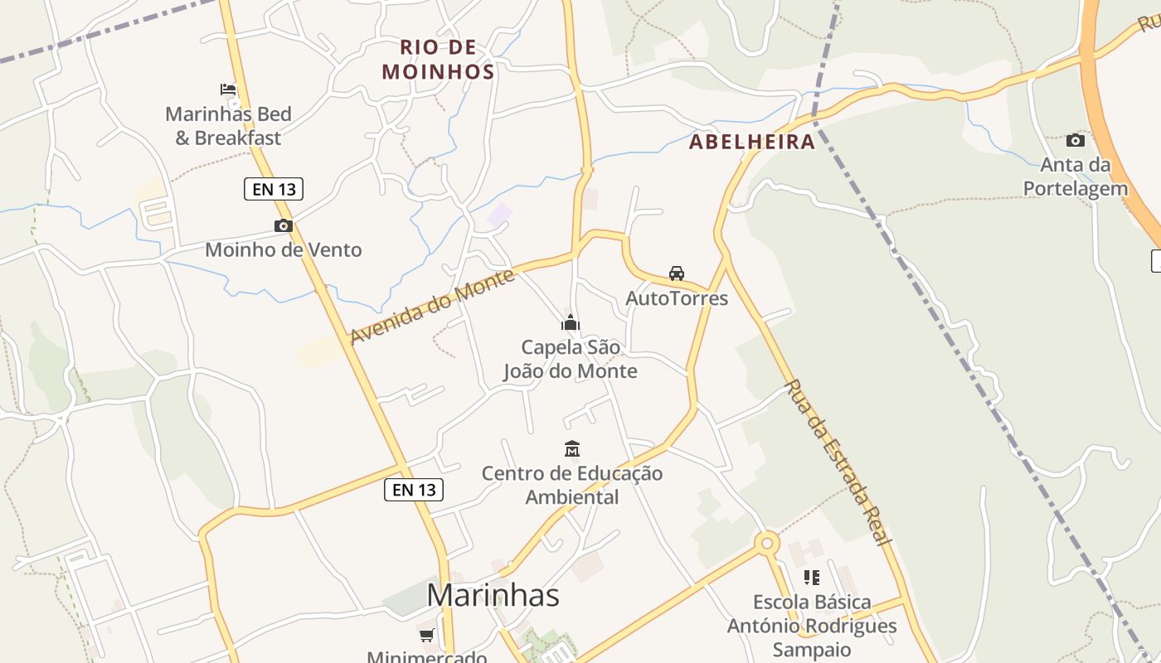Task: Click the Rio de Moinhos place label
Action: (x=438, y=60)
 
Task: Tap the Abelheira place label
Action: (x=752, y=142)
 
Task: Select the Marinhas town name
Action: (x=493, y=595)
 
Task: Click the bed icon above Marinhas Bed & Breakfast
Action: (x=228, y=90)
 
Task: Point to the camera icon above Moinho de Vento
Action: (x=284, y=225)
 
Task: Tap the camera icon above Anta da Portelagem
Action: (x=1075, y=140)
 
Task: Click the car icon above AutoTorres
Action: (x=677, y=273)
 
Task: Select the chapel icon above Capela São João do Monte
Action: (x=571, y=322)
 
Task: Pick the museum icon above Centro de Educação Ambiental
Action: (x=572, y=449)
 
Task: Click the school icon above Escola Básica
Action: (x=812, y=578)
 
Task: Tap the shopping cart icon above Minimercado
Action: (x=426, y=636)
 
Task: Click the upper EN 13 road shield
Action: (x=274, y=189)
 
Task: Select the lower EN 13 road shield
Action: (x=414, y=490)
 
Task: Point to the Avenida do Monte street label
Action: (x=432, y=307)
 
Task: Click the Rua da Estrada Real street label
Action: (x=838, y=462)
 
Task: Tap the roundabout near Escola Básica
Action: (x=766, y=544)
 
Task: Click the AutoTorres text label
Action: (x=677, y=298)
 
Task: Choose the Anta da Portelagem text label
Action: (x=1076, y=177)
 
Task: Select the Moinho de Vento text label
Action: (x=284, y=249)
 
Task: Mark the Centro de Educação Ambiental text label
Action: (x=572, y=485)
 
